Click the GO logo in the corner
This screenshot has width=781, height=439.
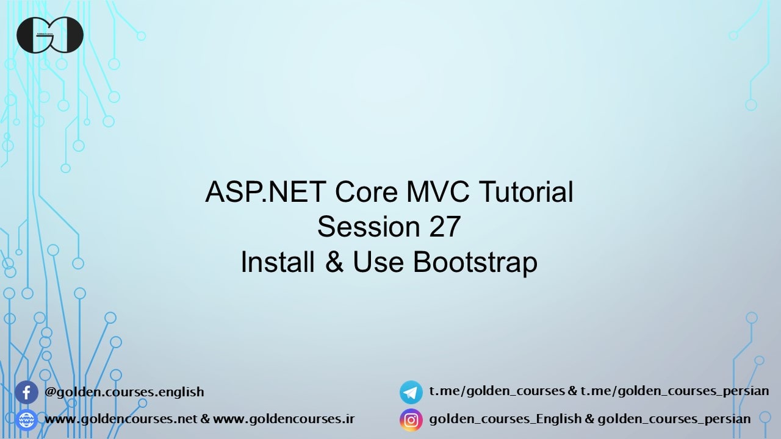coord(49,35)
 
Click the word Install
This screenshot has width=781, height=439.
coord(278,263)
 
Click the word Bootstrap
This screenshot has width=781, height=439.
coord(475,263)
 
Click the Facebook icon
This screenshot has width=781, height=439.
coord(26,392)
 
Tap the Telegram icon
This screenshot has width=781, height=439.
coord(411,392)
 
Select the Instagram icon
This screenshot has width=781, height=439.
coord(411,420)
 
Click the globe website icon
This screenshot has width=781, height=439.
coord(26,420)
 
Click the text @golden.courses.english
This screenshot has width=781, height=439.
coord(124,392)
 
